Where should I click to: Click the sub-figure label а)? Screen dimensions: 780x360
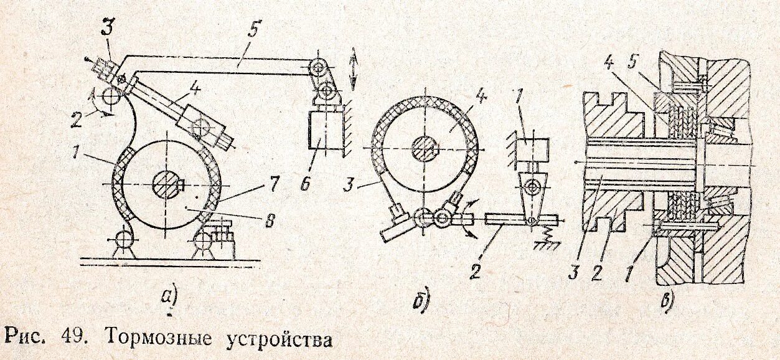coord(169,297)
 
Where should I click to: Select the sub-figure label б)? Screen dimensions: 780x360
coord(421,300)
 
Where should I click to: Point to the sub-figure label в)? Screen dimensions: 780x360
coord(667,299)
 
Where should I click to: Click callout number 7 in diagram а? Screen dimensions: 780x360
coord(275,184)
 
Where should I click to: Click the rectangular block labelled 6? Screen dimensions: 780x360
coord(323,131)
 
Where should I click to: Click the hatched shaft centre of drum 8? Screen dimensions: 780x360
coord(166,184)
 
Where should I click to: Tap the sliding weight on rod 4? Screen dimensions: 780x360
coord(200,129)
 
